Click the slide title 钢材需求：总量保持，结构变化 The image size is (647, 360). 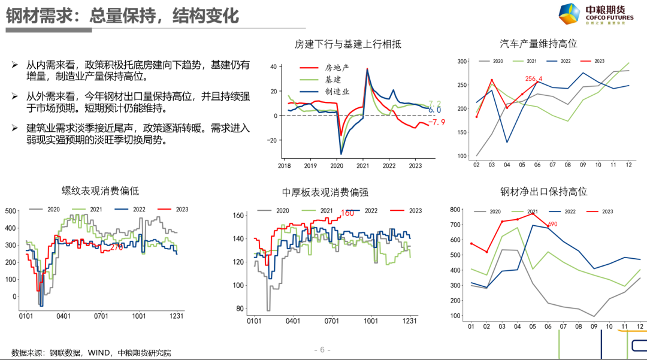tap(123, 16)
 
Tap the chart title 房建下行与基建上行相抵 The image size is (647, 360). tap(347, 44)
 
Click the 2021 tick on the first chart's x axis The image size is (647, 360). tap(363, 165)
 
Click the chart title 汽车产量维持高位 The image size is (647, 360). tap(538, 44)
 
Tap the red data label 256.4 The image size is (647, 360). tap(533, 79)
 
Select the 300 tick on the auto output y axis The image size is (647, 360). tap(462, 61)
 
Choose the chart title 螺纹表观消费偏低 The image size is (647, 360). tap(101, 191)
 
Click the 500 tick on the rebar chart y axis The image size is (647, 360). tap(11, 211)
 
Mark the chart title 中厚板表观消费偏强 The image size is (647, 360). tap(325, 192)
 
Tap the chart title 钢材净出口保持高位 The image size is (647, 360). tap(543, 192)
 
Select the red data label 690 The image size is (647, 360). tap(552, 225)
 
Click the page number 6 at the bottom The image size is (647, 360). tap(322, 350)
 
